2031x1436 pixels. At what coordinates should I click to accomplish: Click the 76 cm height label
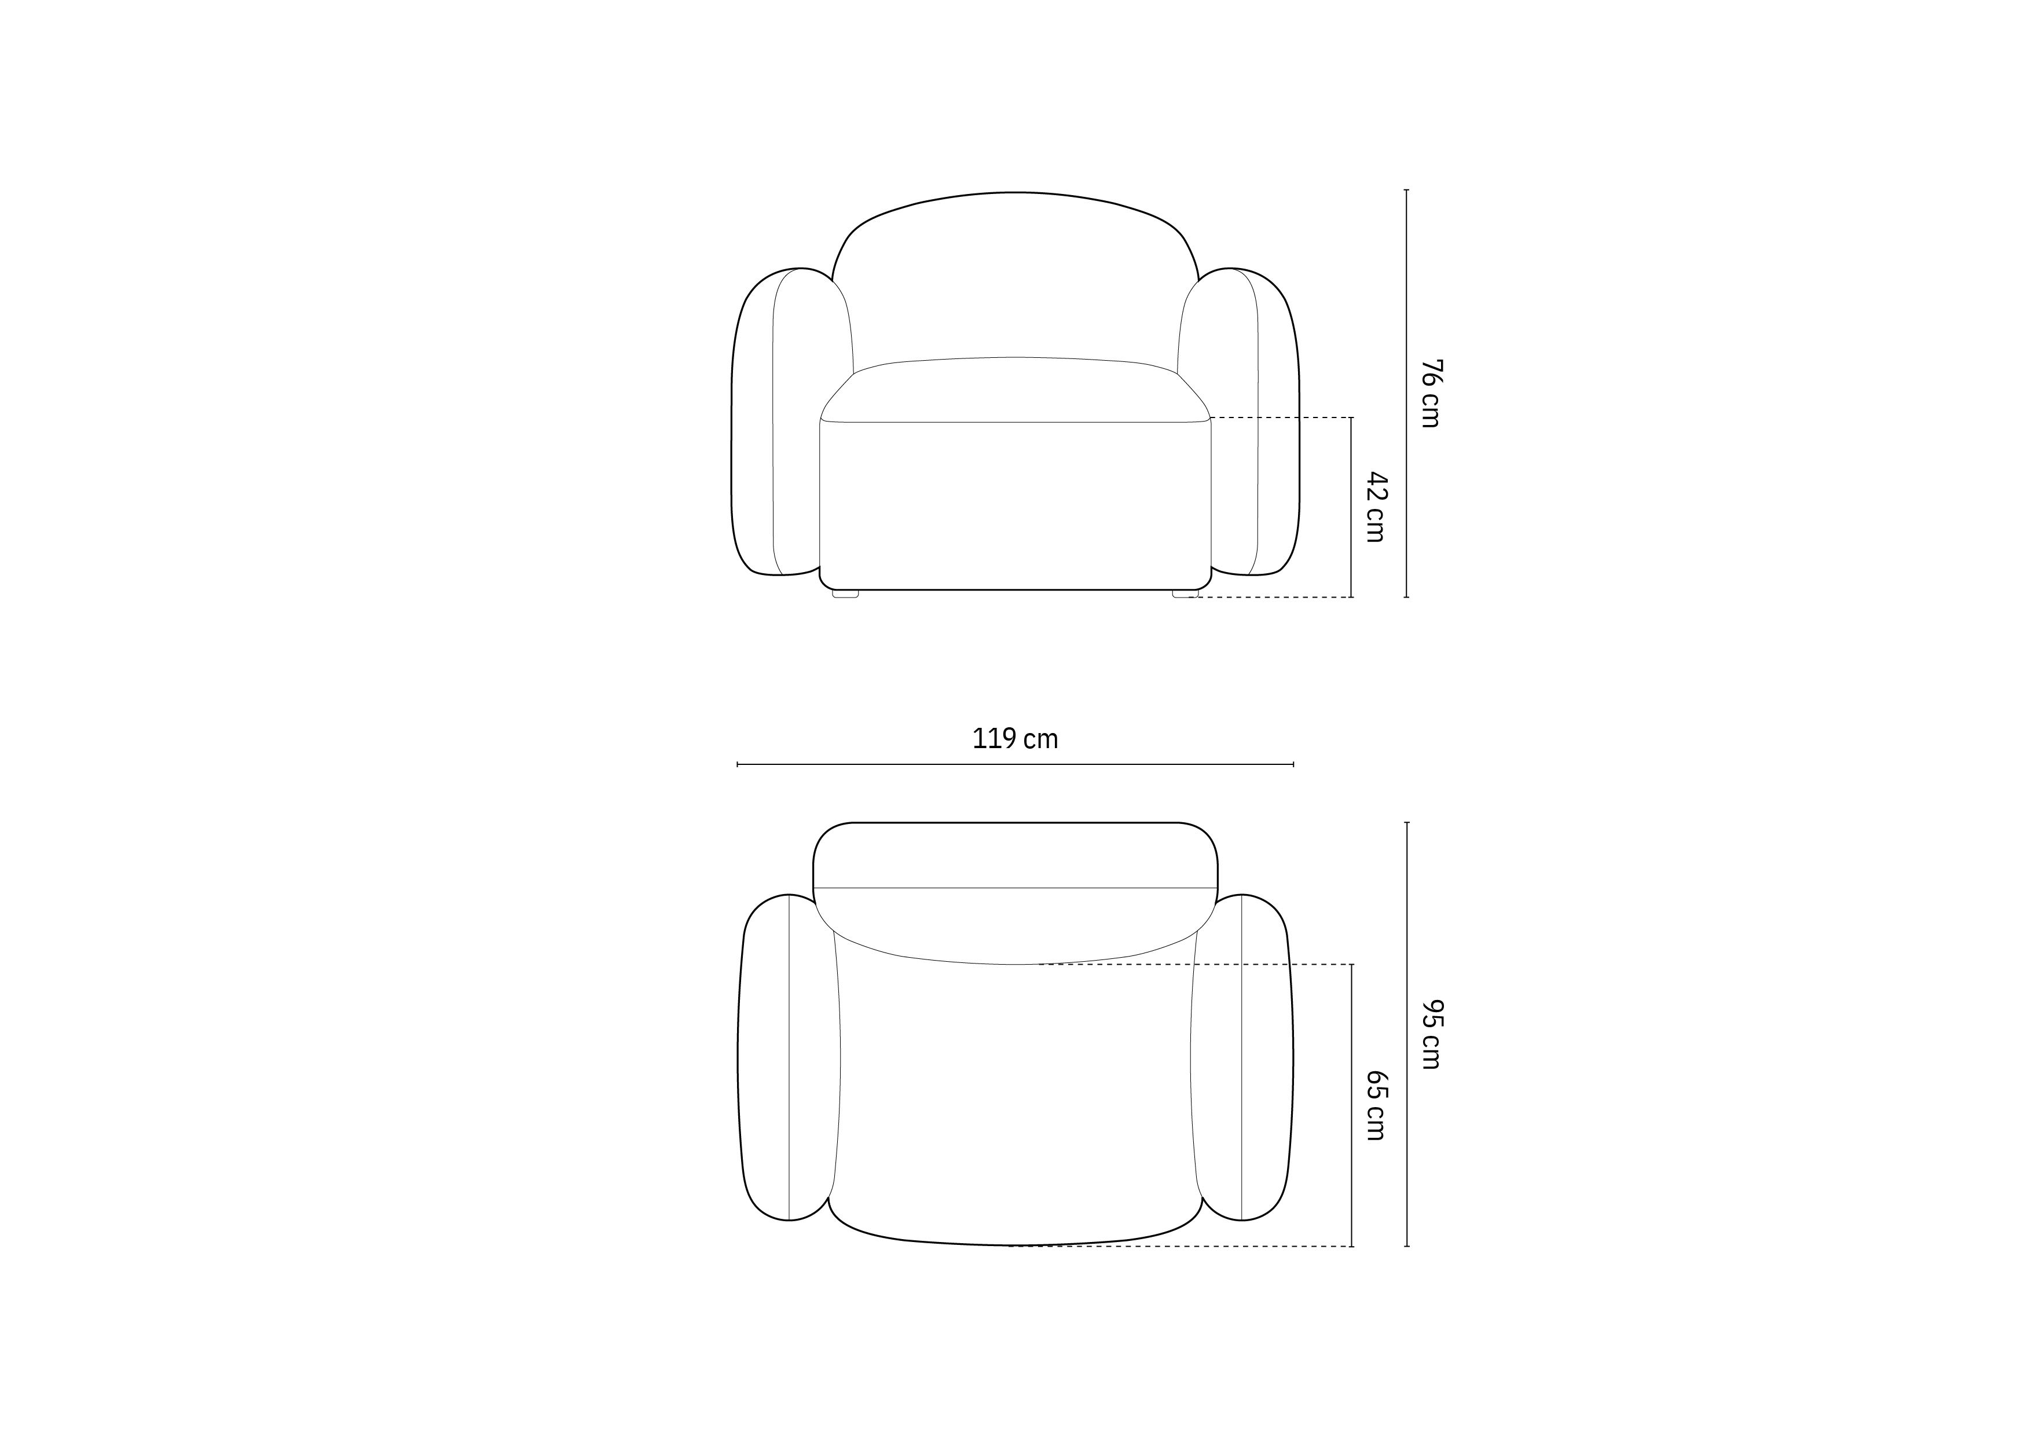point(1431,394)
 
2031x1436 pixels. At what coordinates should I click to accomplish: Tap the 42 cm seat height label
point(1376,507)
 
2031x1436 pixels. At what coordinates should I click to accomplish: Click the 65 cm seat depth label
point(1376,1105)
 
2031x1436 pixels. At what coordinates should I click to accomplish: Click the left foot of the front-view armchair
point(846,594)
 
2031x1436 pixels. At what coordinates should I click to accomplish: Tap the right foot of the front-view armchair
point(1185,594)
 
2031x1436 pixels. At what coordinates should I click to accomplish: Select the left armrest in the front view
point(783,421)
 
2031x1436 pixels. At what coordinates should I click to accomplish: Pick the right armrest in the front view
point(1247,421)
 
